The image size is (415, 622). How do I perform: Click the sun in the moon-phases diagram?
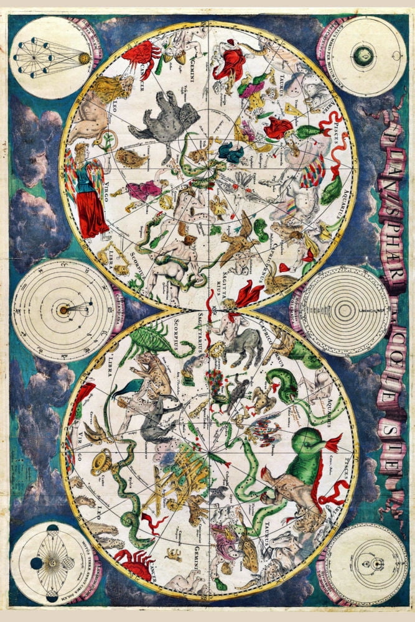click(83, 58)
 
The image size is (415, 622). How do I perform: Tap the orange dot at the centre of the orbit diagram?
click(62, 309)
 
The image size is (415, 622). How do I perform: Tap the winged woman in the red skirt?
click(90, 193)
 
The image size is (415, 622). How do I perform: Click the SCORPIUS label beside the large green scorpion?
click(177, 335)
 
